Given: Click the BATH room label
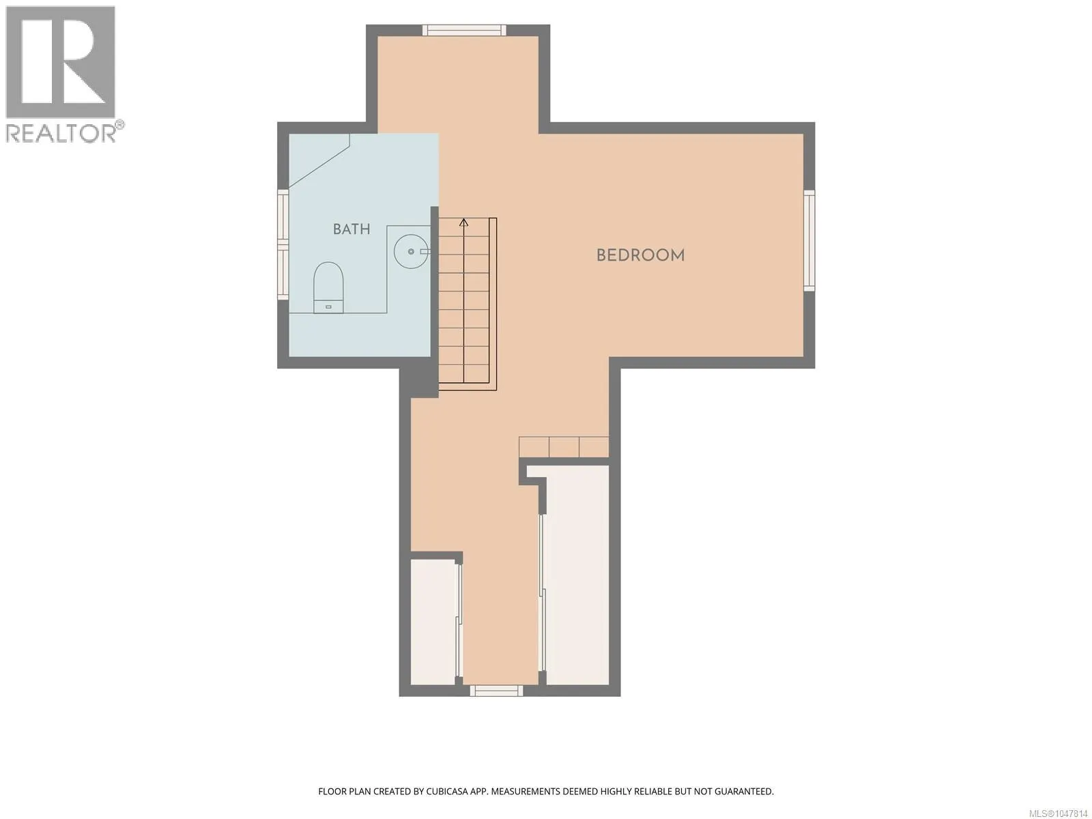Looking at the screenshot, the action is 351,229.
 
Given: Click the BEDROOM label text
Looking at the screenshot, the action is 640,255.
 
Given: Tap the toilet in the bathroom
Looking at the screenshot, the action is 328,287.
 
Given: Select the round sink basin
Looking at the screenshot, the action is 412,252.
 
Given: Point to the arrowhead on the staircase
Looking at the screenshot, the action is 463,222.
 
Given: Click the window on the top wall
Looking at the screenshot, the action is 464,30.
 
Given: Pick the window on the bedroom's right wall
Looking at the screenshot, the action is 809,240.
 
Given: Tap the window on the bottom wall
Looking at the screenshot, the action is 496,690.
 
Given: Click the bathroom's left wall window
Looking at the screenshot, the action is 283,244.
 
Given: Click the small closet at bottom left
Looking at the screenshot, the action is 434,622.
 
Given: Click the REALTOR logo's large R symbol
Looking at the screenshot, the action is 61,62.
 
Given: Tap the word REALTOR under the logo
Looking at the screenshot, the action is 61,133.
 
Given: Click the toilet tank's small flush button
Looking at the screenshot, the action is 328,307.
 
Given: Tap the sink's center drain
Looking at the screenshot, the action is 412,252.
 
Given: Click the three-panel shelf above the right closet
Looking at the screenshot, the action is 564,446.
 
